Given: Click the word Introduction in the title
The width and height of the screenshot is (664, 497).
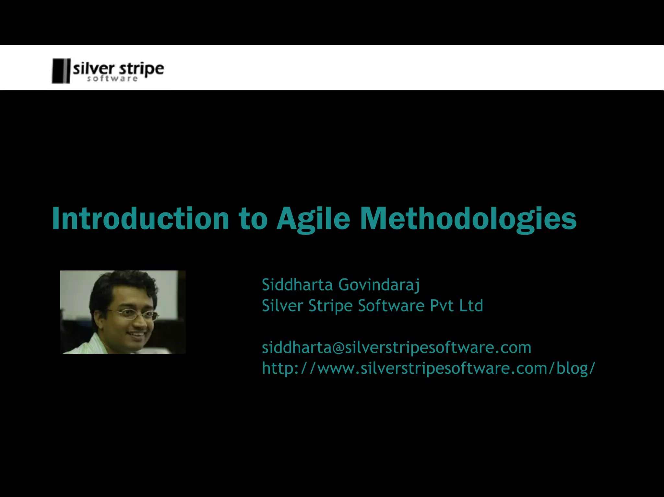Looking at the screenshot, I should click(x=140, y=219).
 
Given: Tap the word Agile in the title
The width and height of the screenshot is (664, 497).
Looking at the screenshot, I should click(x=313, y=219).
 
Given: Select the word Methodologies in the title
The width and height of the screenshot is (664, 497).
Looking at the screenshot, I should click(x=468, y=219).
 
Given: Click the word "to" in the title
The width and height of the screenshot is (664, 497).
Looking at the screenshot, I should click(x=253, y=219).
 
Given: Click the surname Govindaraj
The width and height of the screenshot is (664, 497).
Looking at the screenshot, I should click(x=379, y=285).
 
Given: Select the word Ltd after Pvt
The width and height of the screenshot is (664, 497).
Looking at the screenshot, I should click(x=471, y=306).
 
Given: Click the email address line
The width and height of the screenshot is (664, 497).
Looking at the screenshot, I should click(x=396, y=347).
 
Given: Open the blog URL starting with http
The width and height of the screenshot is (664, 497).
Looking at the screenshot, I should click(x=428, y=368).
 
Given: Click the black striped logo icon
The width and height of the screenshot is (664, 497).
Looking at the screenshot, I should click(x=61, y=71).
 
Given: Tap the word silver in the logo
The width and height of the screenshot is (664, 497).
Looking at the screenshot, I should click(x=94, y=69).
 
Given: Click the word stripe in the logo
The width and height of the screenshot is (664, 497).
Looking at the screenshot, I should click(x=142, y=69).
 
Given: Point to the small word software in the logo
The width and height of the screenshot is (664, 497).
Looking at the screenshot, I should click(x=112, y=79).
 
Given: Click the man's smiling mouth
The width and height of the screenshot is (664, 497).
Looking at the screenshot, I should click(x=137, y=334).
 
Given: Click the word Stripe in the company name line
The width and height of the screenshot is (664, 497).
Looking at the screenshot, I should click(x=330, y=306).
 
